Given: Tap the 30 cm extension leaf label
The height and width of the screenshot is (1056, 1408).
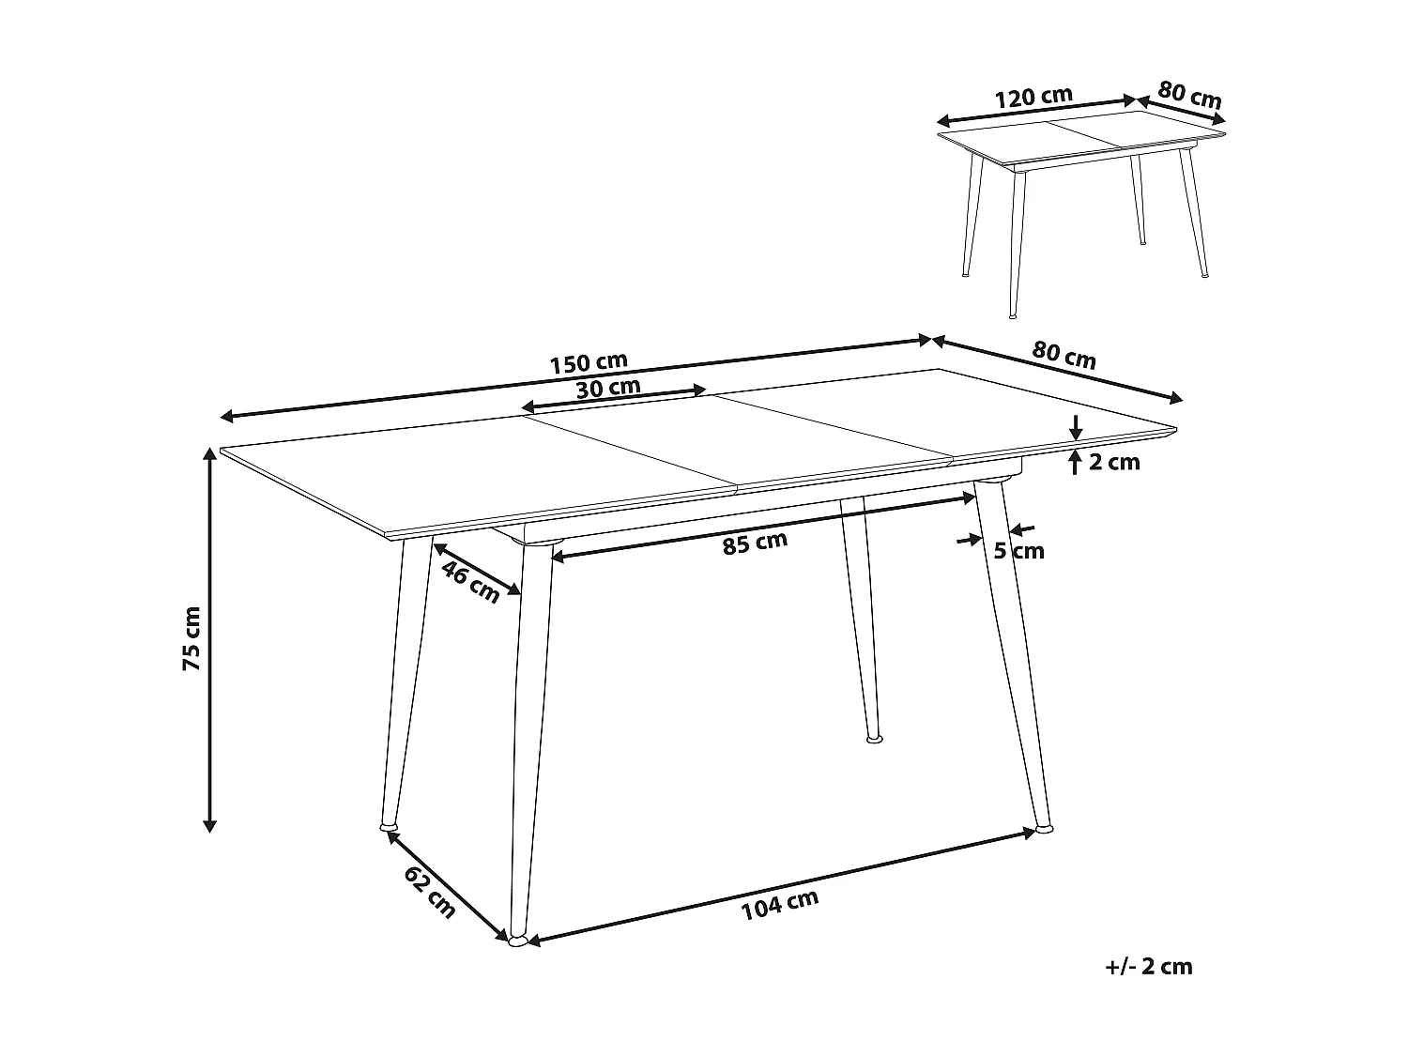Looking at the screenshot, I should click(608, 387).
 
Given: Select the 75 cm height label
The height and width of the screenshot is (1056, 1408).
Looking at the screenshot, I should click(191, 638).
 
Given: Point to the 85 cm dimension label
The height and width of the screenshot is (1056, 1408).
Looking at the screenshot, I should click(755, 543).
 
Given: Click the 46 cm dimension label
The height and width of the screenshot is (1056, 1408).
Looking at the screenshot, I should click(470, 583).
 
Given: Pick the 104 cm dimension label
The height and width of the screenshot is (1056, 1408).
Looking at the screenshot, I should click(780, 905).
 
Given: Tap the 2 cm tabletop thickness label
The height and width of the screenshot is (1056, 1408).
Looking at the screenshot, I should click(1115, 462).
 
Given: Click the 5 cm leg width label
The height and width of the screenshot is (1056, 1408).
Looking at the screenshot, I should click(1018, 551).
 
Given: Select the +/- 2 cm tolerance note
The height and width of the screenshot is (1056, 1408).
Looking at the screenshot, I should click(1149, 967).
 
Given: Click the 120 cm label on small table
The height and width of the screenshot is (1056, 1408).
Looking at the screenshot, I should click(1033, 97).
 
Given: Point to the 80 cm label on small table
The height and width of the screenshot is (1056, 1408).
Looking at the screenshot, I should click(1189, 95).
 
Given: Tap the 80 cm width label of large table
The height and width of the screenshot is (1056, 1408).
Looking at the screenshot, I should click(1064, 356).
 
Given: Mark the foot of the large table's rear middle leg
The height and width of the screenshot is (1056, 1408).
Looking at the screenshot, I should click(874, 740).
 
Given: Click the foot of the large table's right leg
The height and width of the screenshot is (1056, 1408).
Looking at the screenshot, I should click(1044, 830).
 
